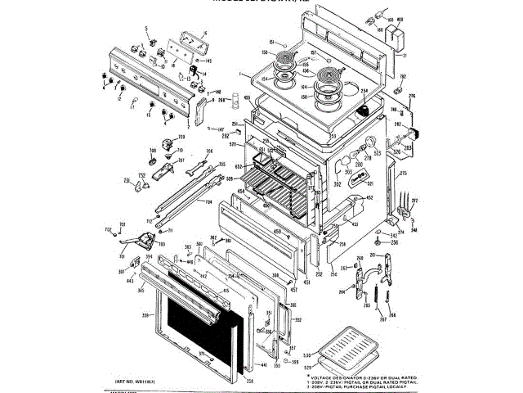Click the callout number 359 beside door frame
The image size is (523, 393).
click(x=145, y=314)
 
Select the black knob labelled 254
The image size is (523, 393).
click(x=363, y=111)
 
